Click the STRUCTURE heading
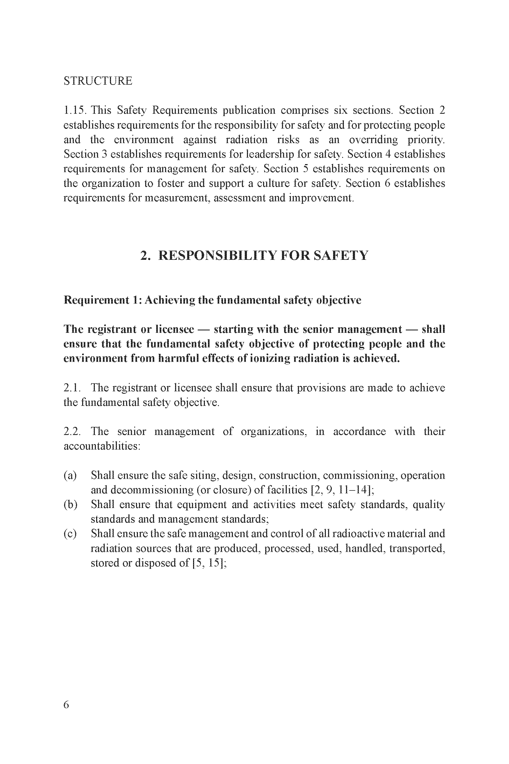pos(98,81)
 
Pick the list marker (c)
pos(70,533)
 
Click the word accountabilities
pos(101,446)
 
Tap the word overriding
pos(373,140)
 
